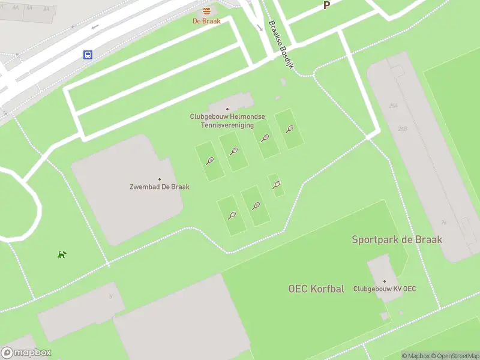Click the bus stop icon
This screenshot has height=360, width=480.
pyautogui.click(x=88, y=55)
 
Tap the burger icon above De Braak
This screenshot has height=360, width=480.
pyautogui.click(x=206, y=11)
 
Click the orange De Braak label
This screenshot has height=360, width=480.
pyautogui.click(x=206, y=21)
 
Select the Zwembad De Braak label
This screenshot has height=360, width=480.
pyautogui.click(x=160, y=187)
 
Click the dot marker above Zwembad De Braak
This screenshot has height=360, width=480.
pyautogui.click(x=160, y=179)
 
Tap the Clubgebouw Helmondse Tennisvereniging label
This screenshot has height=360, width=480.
pyautogui.click(x=227, y=121)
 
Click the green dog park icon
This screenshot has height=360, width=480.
pyautogui.click(x=61, y=254)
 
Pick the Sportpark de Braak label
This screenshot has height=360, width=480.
pyautogui.click(x=397, y=239)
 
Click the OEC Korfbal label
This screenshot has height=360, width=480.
pyautogui.click(x=316, y=289)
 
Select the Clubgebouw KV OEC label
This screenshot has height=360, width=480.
pyautogui.click(x=385, y=289)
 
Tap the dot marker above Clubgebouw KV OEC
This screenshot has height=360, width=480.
pyautogui.click(x=385, y=281)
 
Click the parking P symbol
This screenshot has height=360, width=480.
pyautogui.click(x=327, y=5)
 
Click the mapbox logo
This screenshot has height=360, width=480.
pyautogui.click(x=26, y=353)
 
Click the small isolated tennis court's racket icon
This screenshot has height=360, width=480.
pyautogui.click(x=276, y=185)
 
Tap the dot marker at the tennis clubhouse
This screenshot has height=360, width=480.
pyautogui.click(x=227, y=109)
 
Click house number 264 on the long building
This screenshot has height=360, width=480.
pyautogui.click(x=393, y=106)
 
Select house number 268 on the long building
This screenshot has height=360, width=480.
pyautogui.click(x=403, y=128)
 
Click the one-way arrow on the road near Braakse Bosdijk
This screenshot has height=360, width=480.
pyautogui.click(x=259, y=28)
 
